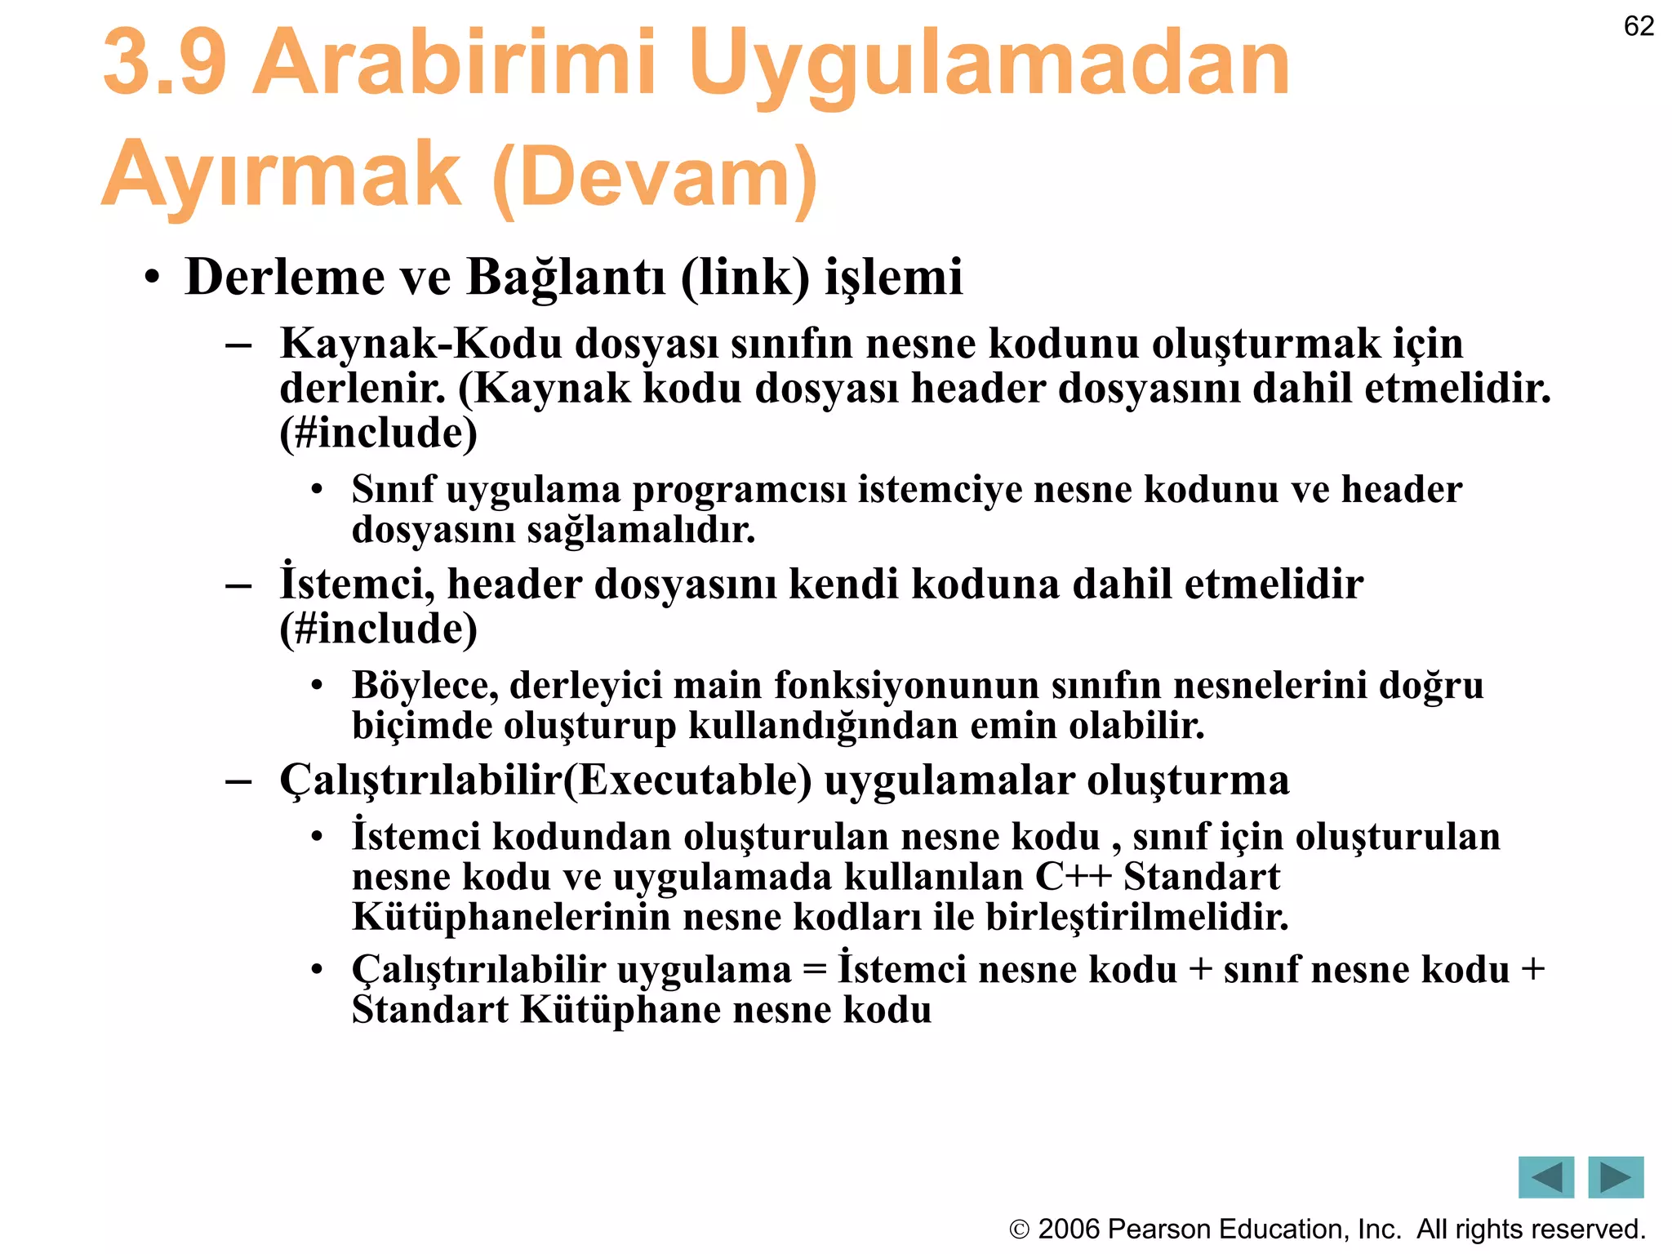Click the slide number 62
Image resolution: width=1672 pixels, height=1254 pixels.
(x=1639, y=26)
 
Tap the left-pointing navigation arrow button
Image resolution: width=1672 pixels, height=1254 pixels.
(x=1545, y=1177)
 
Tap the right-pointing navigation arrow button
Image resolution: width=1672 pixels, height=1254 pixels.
(x=1616, y=1177)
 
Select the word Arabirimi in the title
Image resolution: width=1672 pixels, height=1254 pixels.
(x=454, y=64)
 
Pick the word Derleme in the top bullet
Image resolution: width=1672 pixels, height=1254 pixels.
(x=284, y=277)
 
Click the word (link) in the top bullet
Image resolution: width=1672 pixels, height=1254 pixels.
(x=745, y=277)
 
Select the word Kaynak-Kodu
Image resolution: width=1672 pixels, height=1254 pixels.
(x=420, y=344)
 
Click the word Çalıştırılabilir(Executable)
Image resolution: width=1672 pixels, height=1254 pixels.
(x=545, y=780)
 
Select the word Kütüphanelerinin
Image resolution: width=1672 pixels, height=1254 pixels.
(x=511, y=918)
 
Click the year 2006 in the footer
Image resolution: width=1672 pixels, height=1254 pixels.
(x=1068, y=1230)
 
